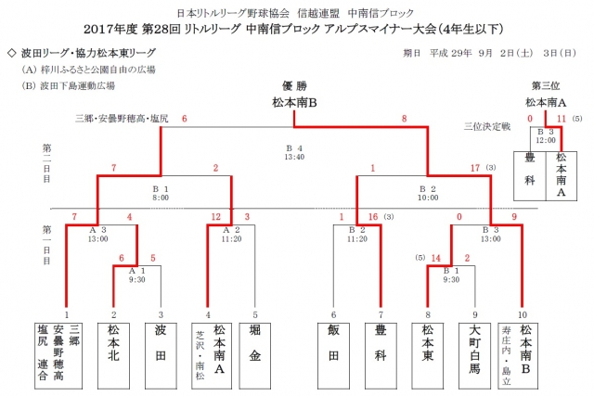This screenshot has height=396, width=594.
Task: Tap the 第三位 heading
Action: [545, 86]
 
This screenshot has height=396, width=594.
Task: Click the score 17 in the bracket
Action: [475, 168]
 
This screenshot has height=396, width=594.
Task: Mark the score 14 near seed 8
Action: [434, 259]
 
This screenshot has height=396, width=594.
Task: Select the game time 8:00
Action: [161, 198]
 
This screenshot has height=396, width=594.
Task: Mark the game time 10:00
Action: [427, 198]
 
